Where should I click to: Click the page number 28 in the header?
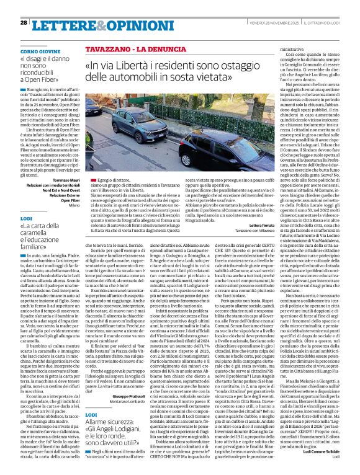click(24, 22)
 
